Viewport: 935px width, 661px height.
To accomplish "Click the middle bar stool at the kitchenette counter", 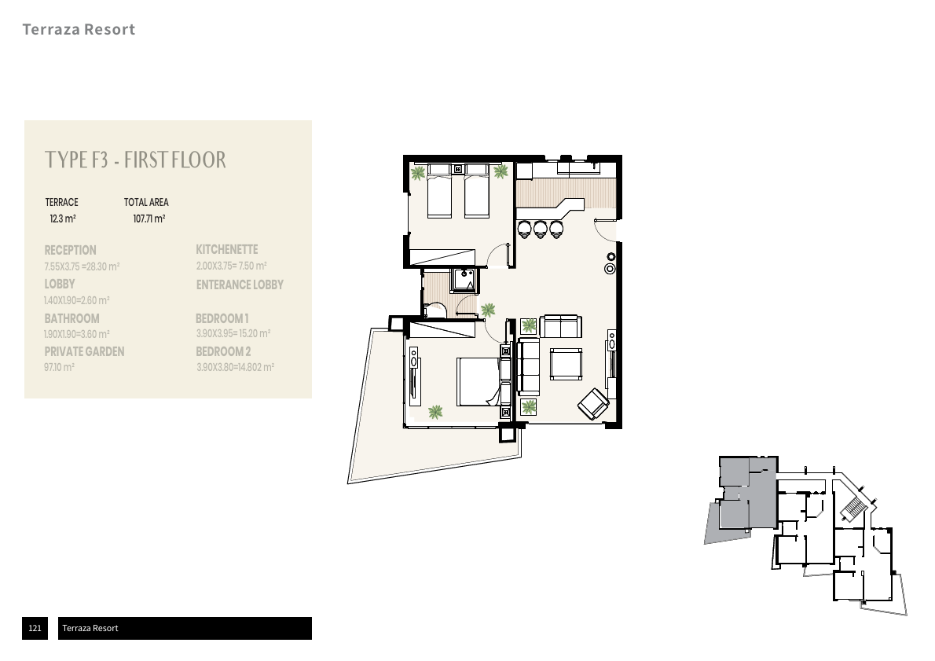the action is [541, 229].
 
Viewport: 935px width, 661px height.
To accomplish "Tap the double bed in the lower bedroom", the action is [478, 382].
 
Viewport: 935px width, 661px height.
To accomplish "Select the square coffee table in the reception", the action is [566, 363].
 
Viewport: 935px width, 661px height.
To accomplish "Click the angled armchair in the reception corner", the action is [593, 403].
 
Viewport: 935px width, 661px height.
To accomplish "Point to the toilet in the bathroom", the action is [434, 309].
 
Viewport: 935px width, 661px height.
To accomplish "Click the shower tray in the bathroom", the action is [464, 281].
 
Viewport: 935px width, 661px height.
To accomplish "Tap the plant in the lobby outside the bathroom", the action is [488, 310].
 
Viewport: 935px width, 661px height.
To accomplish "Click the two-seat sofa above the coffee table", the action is [560, 326].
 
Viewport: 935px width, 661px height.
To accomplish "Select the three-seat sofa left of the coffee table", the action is [528, 366].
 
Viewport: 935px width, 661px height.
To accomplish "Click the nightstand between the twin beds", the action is [458, 170].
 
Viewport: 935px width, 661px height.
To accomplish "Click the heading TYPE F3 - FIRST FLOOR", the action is [135, 160].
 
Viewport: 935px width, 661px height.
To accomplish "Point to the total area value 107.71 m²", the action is [149, 219].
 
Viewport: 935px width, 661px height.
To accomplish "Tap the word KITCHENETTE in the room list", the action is [227, 249].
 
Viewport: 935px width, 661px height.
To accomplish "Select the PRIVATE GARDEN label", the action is [84, 352].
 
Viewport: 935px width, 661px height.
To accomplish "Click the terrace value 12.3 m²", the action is [63, 219].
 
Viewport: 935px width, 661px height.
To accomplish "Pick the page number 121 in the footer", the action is [35, 628].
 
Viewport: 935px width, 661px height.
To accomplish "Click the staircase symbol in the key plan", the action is [854, 509].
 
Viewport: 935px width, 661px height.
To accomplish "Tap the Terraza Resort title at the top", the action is [79, 29].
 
